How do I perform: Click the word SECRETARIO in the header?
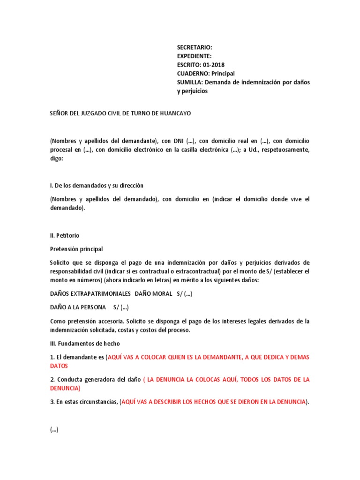pyautogui.click(x=194, y=47)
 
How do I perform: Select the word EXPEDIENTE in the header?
pyautogui.click(x=193, y=56)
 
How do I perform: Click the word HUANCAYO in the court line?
pyautogui.click(x=174, y=113)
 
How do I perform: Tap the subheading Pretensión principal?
pyautogui.click(x=76, y=249)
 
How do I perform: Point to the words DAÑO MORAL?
pyautogui.click(x=153, y=294)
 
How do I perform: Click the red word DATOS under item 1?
pyautogui.click(x=59, y=366)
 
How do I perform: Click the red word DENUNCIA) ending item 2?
pyautogui.click(x=65, y=388)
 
